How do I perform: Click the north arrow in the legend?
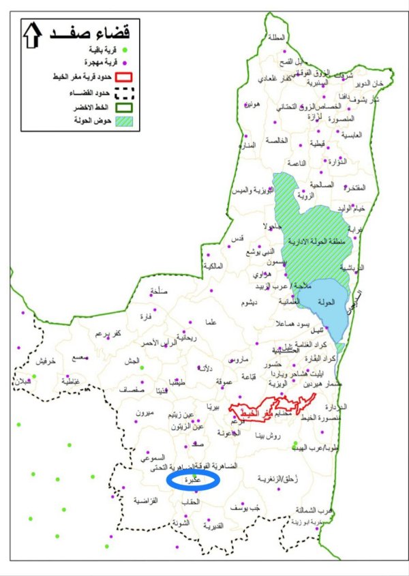33,34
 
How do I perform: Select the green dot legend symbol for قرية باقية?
125,50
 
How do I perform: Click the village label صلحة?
158,291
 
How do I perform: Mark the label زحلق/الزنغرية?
279,481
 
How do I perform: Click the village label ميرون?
147,414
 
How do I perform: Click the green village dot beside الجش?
142,368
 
